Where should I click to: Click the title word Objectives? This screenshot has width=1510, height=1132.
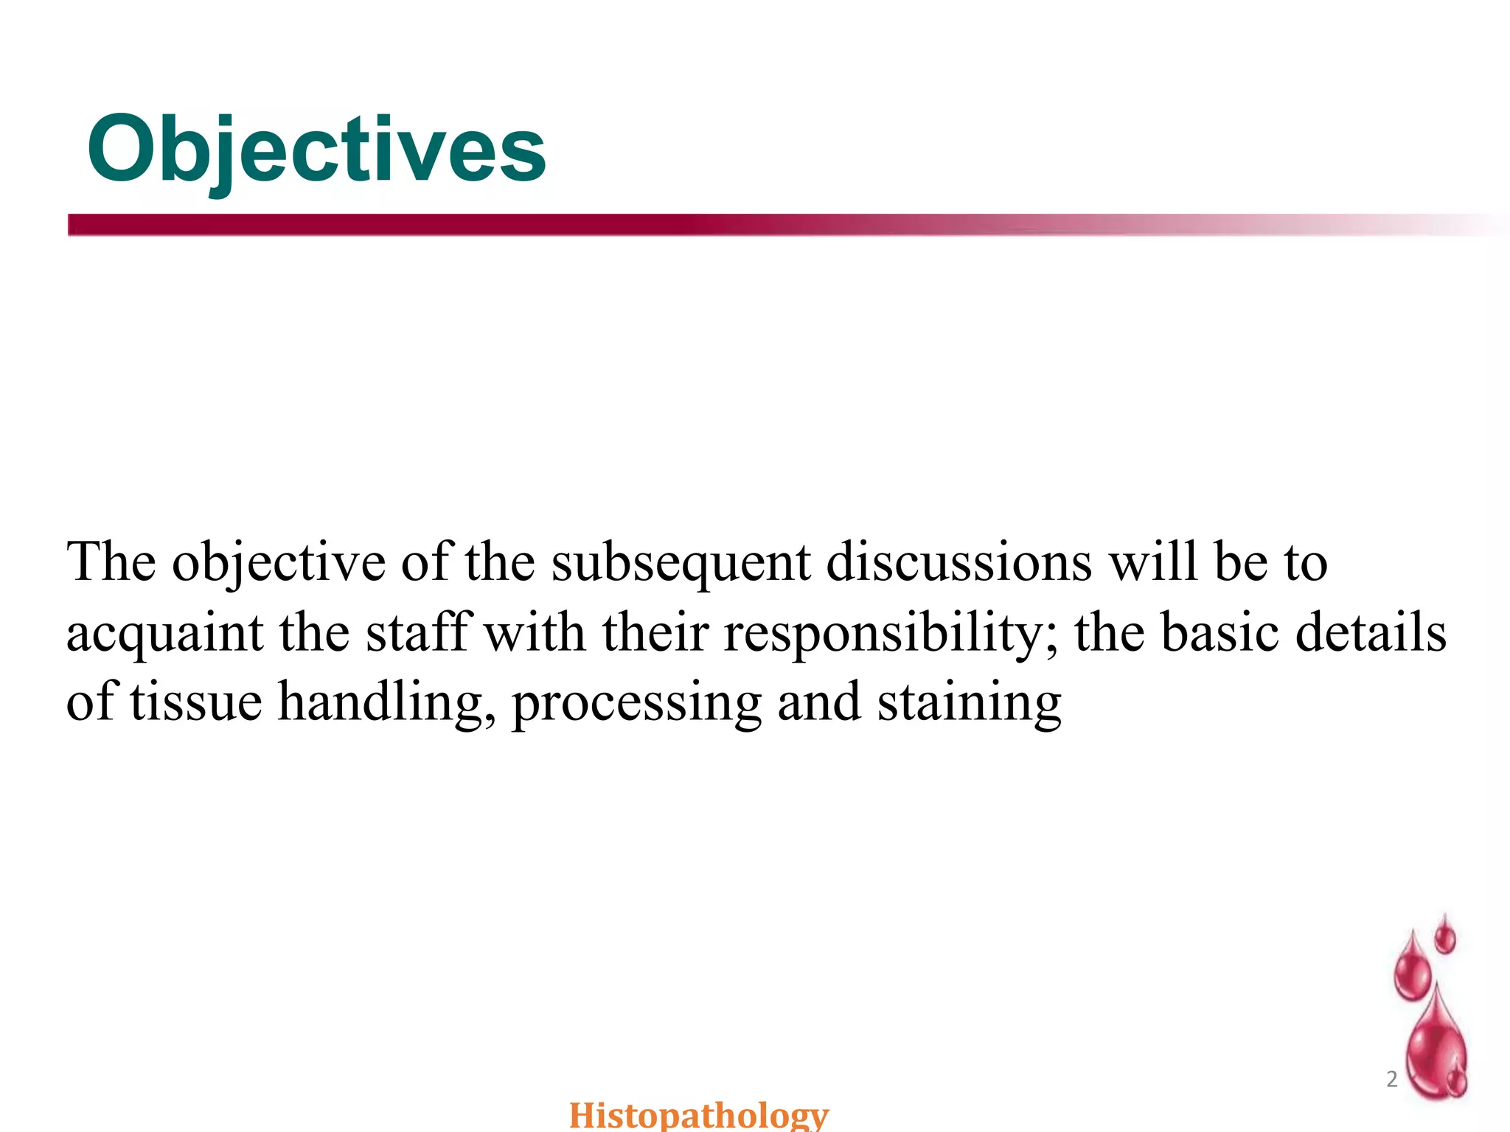tap(317, 151)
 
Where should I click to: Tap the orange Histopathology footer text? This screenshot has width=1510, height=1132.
tap(699, 1114)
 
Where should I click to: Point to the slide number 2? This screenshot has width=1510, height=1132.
tap(1392, 1079)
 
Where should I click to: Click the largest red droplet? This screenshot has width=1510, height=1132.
tap(1436, 1047)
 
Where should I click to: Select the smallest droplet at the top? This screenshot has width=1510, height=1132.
tap(1445, 937)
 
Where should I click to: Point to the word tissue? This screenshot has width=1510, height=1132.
tap(196, 702)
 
